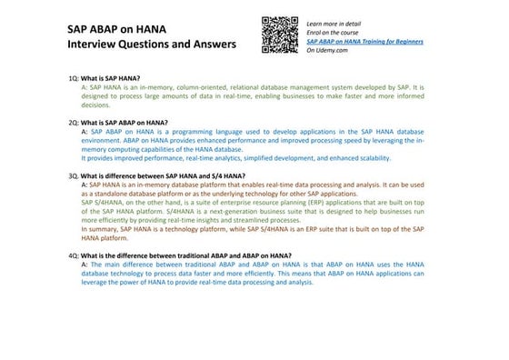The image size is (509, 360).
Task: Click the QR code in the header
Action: (x=280, y=35)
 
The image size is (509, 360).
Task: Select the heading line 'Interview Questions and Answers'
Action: (x=151, y=44)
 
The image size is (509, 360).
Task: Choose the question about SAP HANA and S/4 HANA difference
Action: (x=163, y=175)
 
